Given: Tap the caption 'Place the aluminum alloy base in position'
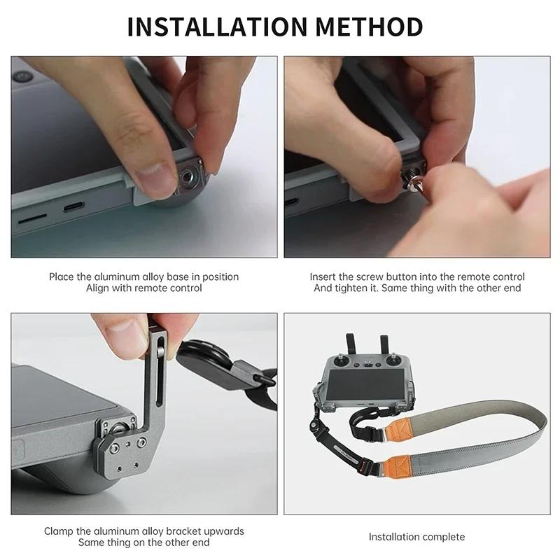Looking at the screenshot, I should coord(143,276).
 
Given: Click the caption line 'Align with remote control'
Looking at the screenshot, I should coord(143,288).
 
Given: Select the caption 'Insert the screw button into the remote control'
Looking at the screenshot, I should coord(417,276).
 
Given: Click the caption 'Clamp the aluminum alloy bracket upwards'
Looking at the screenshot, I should coord(143,531).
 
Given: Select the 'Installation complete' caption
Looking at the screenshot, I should coord(416,537).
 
